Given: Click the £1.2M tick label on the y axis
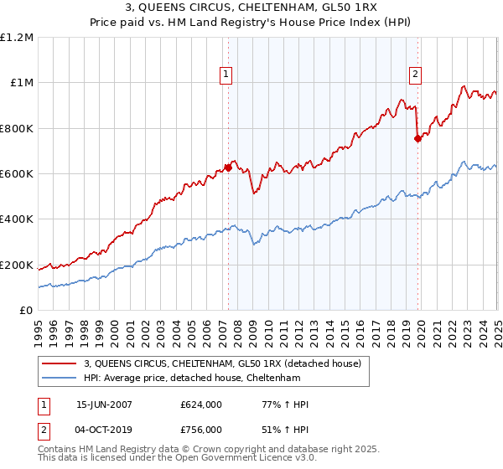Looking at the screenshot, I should click(18, 37).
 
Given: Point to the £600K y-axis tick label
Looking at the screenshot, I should click(16, 174).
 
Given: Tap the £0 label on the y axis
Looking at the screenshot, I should click(26, 311).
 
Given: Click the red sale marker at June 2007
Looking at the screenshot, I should click(228, 168).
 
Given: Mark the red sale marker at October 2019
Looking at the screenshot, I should click(417, 139).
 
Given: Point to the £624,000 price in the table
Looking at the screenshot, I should click(201, 405).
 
